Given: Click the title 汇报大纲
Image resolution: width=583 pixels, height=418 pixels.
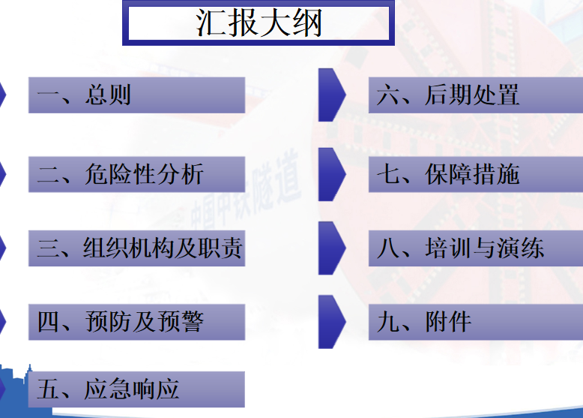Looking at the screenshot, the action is pos(259,23).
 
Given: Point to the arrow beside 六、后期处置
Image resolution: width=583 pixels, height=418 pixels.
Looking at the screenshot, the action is pos(331,95).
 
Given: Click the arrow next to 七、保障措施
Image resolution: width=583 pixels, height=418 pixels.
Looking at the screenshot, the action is pos(331,174).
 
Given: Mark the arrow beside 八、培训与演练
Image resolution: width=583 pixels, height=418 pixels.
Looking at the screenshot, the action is pos(331,248).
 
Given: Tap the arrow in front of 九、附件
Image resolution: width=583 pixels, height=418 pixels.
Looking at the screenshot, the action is pos(331,322).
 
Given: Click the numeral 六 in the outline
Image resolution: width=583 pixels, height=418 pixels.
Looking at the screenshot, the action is pos(388,95).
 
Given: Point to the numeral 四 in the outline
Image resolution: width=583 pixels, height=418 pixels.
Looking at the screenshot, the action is pos(49,322).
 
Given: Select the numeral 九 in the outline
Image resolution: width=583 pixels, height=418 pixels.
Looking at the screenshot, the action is pos(388,322).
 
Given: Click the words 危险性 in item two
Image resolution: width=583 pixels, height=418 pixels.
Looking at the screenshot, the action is pos(120,174).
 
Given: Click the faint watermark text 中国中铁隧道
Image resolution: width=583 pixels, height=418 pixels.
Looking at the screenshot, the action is pos(245,190).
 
